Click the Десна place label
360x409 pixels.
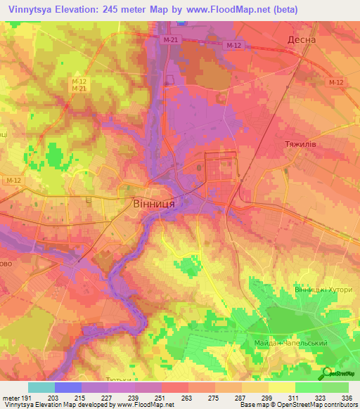pyautogui.click(x=302, y=40)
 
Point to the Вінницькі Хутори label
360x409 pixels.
pyautogui.click(x=322, y=290)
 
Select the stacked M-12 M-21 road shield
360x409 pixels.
pyautogui.click(x=79, y=84)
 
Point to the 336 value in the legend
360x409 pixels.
pyautogui.click(x=347, y=398)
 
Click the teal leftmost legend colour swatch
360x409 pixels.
pyautogui.click(x=41, y=387)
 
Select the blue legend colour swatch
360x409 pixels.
pyautogui.click(x=68, y=387)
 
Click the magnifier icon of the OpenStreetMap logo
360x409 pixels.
pyautogui.click(x=325, y=373)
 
